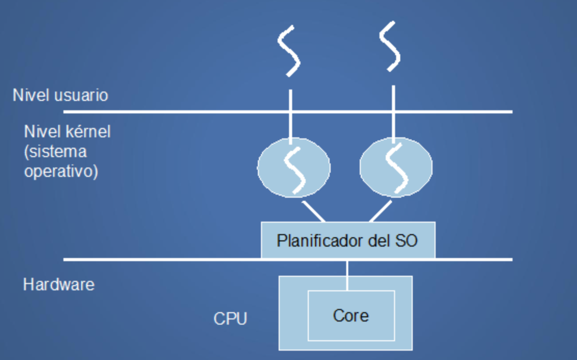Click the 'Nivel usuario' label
click(x=60, y=95)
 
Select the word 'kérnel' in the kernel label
click(x=89, y=132)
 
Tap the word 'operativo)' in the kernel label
click(x=61, y=172)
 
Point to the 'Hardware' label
click(x=59, y=285)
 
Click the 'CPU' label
click(x=230, y=318)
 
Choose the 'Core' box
click(x=351, y=315)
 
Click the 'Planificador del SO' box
click(x=347, y=241)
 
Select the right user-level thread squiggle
click(x=390, y=48)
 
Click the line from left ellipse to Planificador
click(x=313, y=211)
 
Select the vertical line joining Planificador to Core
click(x=347, y=274)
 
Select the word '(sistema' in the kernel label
click(x=55, y=152)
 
